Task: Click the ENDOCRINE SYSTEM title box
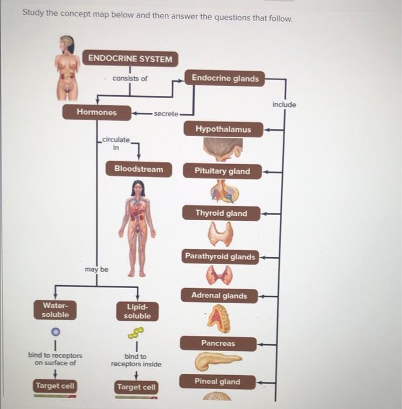click(131, 59)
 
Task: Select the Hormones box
click(96, 112)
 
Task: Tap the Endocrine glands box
click(225, 78)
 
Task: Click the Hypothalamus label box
click(223, 129)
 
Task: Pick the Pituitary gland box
click(223, 171)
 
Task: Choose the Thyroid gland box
click(221, 214)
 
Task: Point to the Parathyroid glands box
click(220, 257)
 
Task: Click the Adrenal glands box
click(219, 296)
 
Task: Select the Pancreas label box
click(217, 344)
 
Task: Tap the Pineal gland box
click(217, 382)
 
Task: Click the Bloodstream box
click(138, 169)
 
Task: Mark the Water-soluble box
click(55, 310)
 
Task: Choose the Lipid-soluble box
click(137, 311)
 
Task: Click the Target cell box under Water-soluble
click(55, 386)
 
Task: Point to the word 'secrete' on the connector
click(166, 113)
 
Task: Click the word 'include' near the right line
click(284, 105)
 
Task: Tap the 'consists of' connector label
click(130, 79)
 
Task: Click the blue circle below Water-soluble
click(54, 331)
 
